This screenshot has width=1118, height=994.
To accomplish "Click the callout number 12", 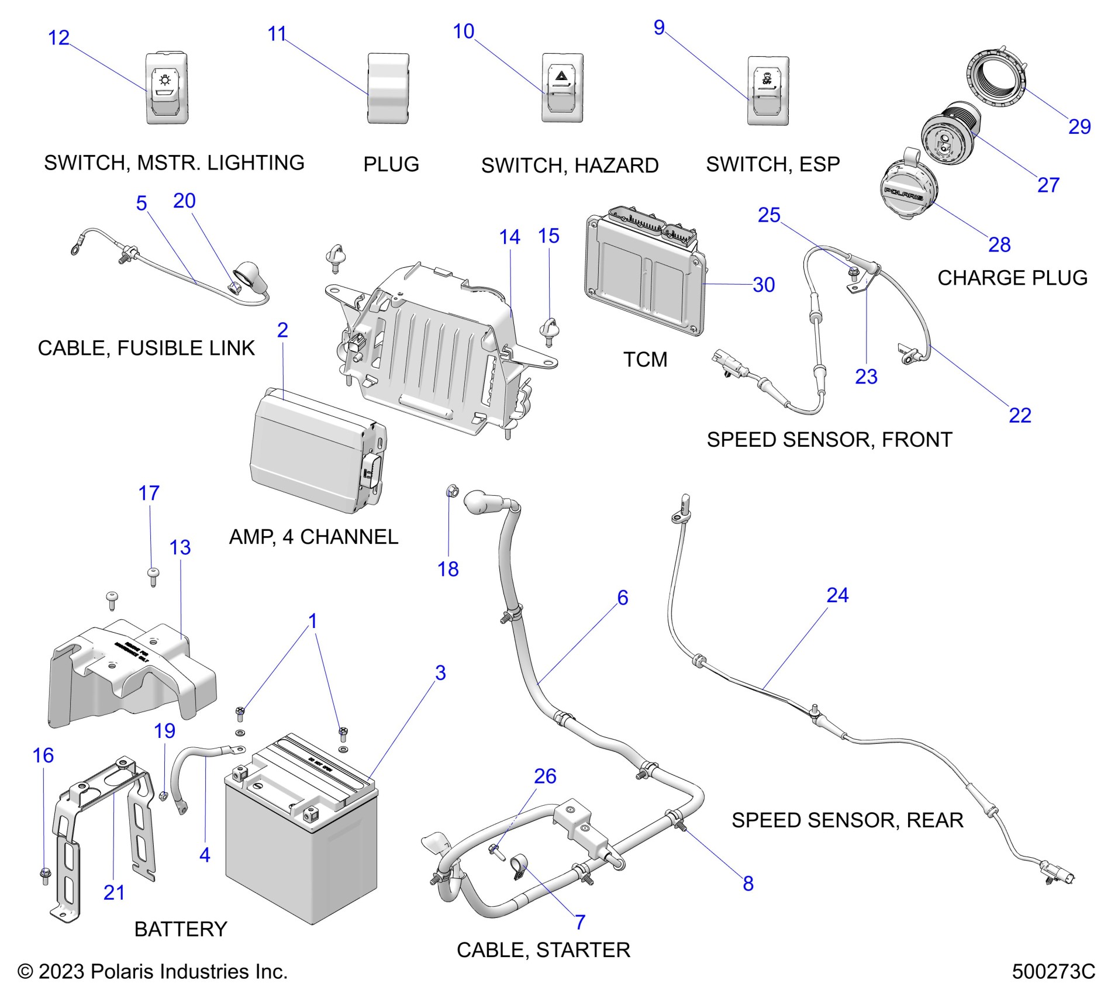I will click(x=58, y=38).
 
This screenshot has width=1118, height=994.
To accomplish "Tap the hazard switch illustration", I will click(x=562, y=88).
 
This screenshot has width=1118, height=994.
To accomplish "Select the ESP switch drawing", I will click(x=768, y=91).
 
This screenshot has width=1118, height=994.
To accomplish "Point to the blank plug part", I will click(x=388, y=88).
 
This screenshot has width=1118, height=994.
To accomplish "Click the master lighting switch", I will click(x=167, y=88).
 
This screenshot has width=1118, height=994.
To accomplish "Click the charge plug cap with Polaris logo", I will click(x=908, y=193).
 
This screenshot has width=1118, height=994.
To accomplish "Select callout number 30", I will click(x=764, y=285).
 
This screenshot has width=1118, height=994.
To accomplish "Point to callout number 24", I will click(x=837, y=595).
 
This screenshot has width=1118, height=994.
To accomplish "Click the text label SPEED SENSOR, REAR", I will click(x=847, y=820).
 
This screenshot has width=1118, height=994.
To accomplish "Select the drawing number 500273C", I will click(x=1053, y=971).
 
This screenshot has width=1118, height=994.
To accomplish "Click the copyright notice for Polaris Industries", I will click(x=153, y=971).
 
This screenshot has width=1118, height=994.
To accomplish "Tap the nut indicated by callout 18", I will click(x=453, y=491).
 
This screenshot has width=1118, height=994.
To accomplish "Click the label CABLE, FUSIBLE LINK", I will click(x=146, y=348).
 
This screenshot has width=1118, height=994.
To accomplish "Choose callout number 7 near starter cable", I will click(x=580, y=922).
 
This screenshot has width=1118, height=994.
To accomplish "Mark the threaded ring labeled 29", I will click(x=996, y=79).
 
